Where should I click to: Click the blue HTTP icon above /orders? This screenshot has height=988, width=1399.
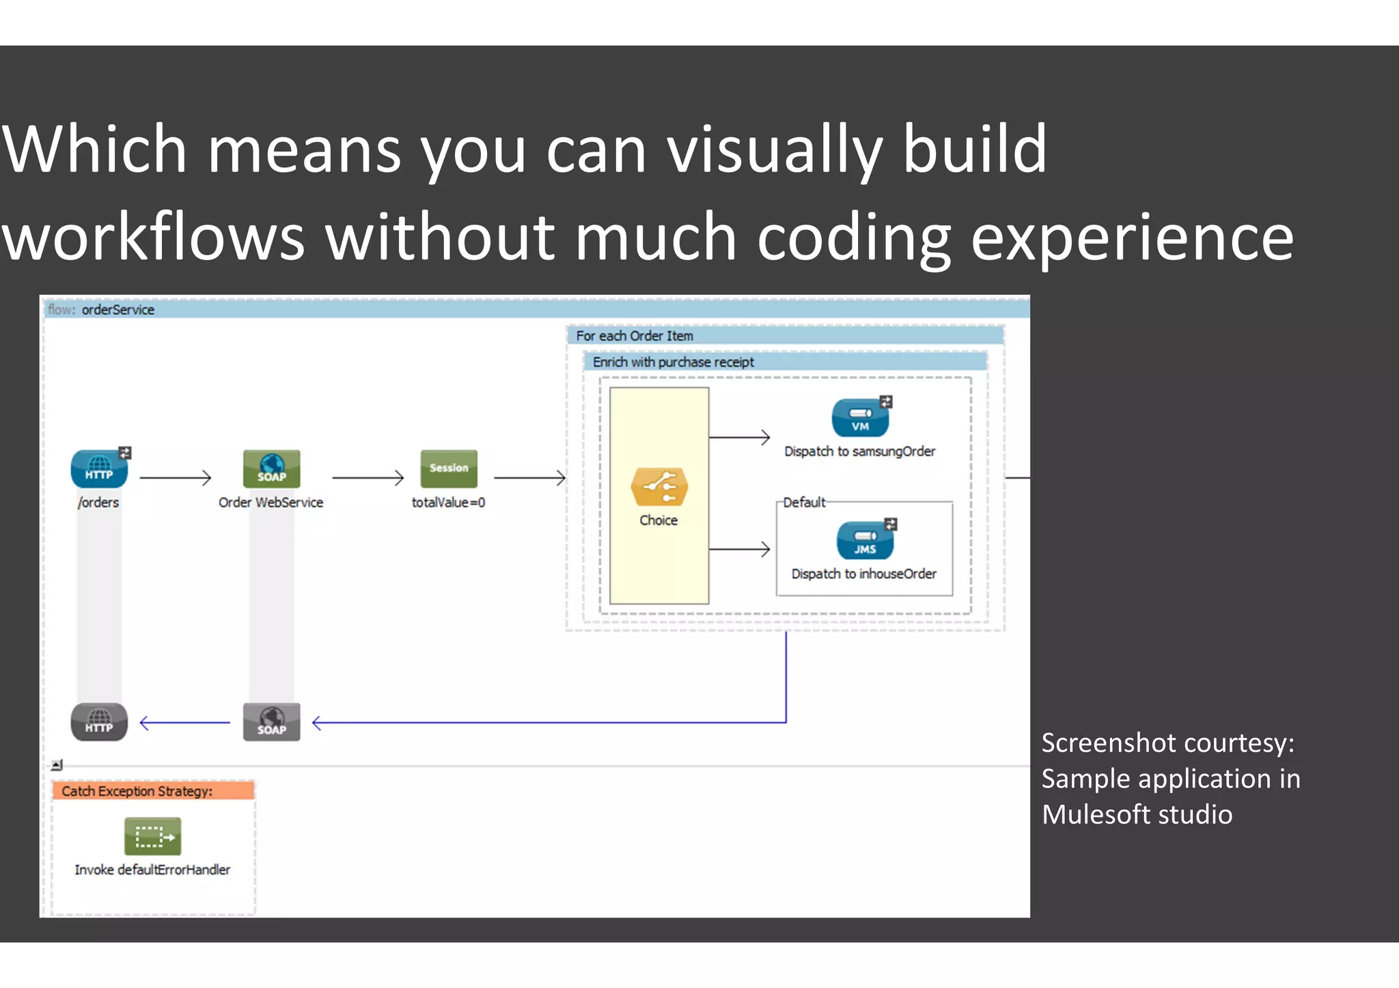click(x=99, y=469)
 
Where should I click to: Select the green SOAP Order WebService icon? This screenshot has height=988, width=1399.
click(x=271, y=469)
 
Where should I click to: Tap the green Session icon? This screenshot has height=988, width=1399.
click(x=449, y=468)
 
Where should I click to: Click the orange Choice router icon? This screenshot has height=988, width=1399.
click(x=659, y=488)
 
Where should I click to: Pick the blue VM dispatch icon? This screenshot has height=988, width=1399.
click(x=860, y=418)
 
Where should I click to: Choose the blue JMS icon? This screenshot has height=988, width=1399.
click(x=865, y=541)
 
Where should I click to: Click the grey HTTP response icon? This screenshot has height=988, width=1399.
click(x=99, y=722)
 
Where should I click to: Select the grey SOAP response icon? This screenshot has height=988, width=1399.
click(x=271, y=722)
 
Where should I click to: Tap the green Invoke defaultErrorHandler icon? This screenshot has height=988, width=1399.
click(x=152, y=836)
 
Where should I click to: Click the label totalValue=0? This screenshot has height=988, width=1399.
click(x=448, y=503)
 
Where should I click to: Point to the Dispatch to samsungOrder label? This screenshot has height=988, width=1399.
click(x=859, y=451)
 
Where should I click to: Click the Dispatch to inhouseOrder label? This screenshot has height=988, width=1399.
click(x=863, y=574)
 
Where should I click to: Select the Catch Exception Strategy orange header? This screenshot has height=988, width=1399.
click(x=152, y=791)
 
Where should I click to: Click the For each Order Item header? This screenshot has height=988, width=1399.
click(x=635, y=336)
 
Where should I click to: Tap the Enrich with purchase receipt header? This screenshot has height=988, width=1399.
click(x=673, y=362)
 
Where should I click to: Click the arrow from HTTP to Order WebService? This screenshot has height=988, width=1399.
click(x=176, y=478)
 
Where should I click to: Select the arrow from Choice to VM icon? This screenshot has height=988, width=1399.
click(x=739, y=437)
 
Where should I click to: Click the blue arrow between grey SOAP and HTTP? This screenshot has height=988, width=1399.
click(x=185, y=722)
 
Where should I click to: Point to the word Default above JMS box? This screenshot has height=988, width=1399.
click(x=803, y=503)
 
